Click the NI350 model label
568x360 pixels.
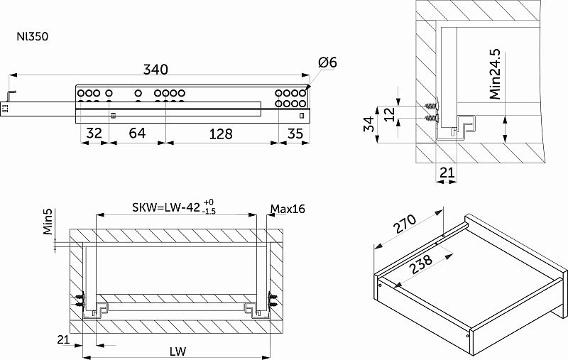click(32, 37)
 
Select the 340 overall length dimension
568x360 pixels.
click(155, 69)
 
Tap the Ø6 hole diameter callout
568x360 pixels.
click(327, 62)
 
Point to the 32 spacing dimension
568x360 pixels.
click(94, 133)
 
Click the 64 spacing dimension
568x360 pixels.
click(137, 133)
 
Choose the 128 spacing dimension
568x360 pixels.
click(221, 134)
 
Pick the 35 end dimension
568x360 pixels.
click(295, 133)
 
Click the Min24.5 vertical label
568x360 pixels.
click(495, 74)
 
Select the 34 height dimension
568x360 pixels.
click(368, 124)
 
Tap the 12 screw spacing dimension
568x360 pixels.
click(389, 114)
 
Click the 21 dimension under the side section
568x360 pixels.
click(447, 173)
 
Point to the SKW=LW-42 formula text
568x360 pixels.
click(166, 207)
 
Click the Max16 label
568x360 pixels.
click(288, 209)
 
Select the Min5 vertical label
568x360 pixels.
click(48, 222)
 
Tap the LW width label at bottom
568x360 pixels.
click(177, 351)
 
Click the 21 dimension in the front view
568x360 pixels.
click(63, 339)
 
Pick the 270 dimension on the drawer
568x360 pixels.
click(405, 224)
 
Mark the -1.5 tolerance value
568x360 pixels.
click(209, 212)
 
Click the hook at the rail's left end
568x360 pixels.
click(11, 96)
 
